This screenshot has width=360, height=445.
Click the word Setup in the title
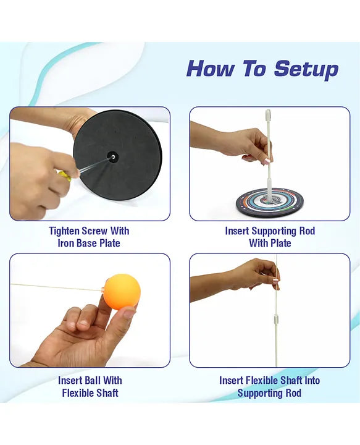pyautogui.click(x=306, y=69)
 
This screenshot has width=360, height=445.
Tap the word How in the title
pyautogui.click(x=211, y=69)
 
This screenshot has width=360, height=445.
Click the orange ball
pyautogui.click(x=122, y=292)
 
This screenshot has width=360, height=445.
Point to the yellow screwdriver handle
pyautogui.click(x=64, y=175)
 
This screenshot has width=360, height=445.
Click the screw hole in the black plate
pyautogui.click(x=113, y=157)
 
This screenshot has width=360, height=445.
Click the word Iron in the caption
pyautogui.click(x=66, y=244)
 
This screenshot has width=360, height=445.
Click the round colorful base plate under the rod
pyautogui.click(x=270, y=201)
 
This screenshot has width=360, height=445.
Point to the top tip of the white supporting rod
pyautogui.click(x=268, y=110)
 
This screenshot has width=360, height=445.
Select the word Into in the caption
pyautogui.click(x=312, y=380)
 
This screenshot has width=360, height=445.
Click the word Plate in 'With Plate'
pyautogui.click(x=279, y=244)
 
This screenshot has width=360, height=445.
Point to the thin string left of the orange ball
pyautogui.click(x=57, y=287)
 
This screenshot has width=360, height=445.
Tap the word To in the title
pyautogui.click(x=254, y=69)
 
